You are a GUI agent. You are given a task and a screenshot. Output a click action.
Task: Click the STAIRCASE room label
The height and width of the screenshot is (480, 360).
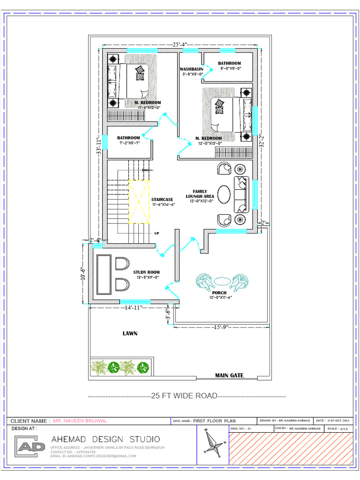162,200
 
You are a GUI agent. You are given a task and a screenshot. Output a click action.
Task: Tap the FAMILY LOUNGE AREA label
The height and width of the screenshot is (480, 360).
200,194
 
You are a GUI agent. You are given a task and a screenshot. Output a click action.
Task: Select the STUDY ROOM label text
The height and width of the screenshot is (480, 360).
146,272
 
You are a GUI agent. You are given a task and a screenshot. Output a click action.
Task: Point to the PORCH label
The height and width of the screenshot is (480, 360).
219,293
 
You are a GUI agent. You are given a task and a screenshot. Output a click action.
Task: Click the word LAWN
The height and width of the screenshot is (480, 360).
130,334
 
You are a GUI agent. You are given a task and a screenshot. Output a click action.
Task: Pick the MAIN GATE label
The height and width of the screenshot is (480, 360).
229,375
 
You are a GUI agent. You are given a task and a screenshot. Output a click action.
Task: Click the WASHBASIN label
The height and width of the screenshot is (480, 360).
192,69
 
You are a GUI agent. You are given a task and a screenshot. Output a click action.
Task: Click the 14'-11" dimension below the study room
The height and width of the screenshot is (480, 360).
134,307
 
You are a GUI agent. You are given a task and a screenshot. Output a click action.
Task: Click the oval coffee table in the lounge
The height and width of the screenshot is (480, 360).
224,195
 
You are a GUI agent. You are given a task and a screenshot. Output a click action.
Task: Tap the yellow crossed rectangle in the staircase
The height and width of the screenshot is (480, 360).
139,201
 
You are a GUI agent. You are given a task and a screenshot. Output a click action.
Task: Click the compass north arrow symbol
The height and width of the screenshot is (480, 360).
212,442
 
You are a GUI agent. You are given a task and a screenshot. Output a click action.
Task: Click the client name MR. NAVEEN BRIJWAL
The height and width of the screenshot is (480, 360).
80,421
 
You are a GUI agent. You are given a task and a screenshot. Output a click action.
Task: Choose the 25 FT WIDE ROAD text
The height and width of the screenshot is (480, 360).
184,396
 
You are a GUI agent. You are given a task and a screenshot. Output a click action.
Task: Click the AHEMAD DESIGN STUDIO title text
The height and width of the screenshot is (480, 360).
105,439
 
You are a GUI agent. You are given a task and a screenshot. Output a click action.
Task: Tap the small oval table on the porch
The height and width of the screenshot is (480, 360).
222,281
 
